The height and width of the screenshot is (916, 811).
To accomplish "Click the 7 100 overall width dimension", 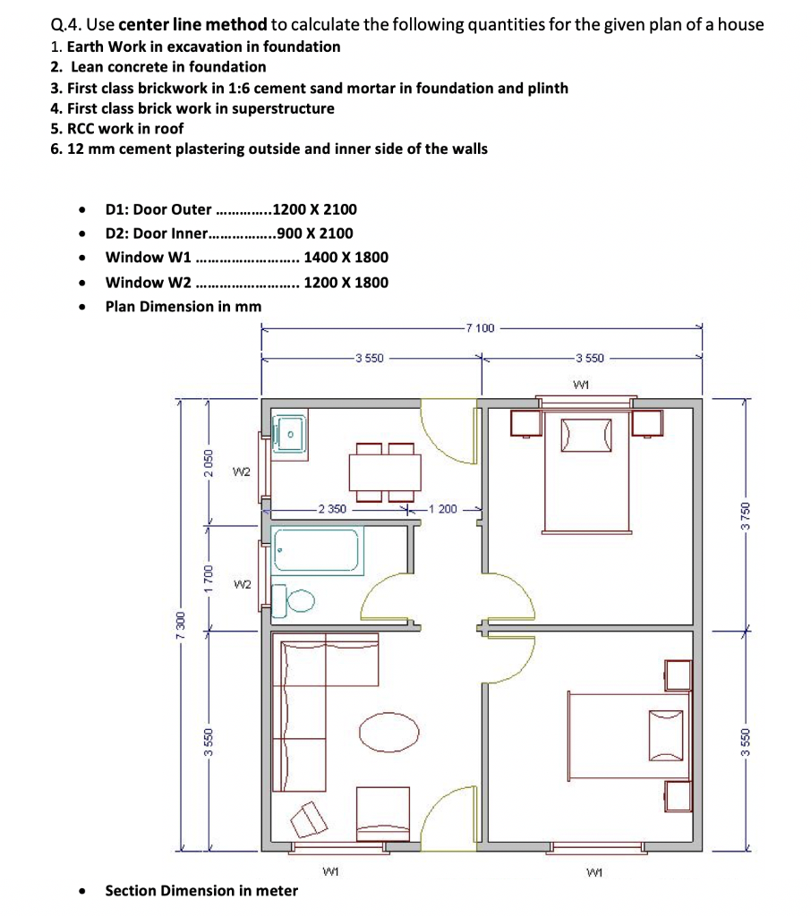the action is click(x=481, y=328).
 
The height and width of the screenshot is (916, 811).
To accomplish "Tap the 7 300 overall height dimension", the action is click(x=181, y=625).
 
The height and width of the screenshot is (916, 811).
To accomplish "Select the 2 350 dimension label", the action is click(x=332, y=509).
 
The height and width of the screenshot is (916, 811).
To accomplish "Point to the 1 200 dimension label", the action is click(x=443, y=509).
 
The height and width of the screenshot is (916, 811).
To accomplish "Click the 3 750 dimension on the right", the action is click(x=745, y=516).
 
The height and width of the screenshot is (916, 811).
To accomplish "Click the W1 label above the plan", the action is click(x=581, y=385).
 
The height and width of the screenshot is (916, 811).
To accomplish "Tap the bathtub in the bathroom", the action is click(x=316, y=549).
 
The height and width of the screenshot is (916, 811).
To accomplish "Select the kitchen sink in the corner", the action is click(x=291, y=434).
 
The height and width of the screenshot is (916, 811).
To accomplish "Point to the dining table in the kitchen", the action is click(x=385, y=472).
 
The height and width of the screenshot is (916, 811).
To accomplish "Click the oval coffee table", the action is click(x=388, y=733).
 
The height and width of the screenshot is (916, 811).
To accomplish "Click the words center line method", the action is click(x=193, y=24).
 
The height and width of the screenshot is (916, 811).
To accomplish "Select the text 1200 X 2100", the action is click(x=314, y=209).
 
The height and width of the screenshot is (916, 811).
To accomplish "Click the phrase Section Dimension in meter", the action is click(x=201, y=890).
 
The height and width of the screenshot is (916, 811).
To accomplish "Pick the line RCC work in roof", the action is click(x=117, y=129).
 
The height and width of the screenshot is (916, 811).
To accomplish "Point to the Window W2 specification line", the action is click(x=247, y=282).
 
